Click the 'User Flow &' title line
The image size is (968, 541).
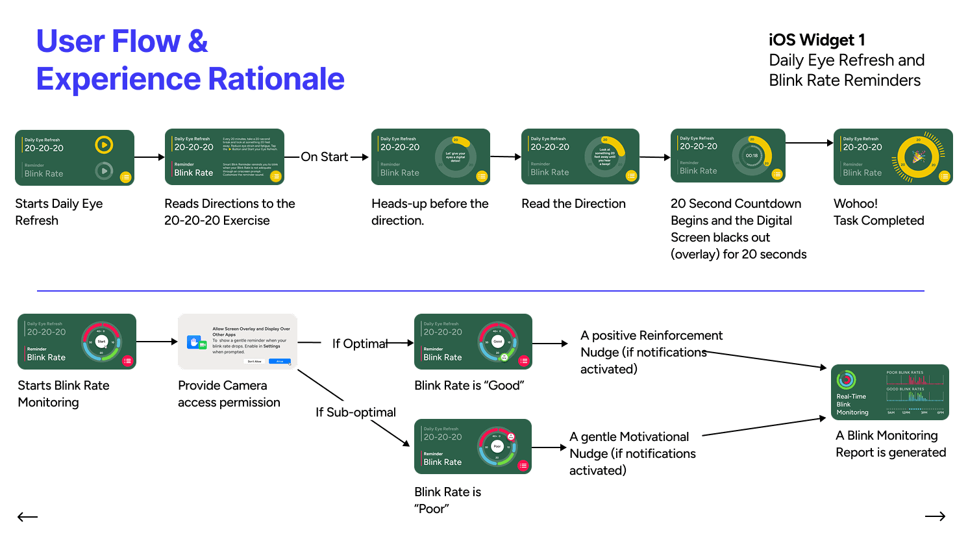[x=122, y=41]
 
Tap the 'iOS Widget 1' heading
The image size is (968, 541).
[x=816, y=40]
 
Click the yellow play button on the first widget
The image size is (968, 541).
[x=104, y=145]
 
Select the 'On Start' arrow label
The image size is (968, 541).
[x=325, y=157]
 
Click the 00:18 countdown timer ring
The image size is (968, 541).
[x=752, y=156]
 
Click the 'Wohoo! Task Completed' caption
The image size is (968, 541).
[x=878, y=212]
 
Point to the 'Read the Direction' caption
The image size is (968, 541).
[x=573, y=204]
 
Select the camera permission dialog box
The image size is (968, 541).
[x=238, y=342]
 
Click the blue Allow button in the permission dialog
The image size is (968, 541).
[x=280, y=361]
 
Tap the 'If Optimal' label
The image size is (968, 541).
[x=360, y=344]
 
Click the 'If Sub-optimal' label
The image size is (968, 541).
[x=355, y=412]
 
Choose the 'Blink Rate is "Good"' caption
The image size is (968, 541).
[x=469, y=386]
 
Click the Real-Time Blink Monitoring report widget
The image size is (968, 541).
[x=889, y=392]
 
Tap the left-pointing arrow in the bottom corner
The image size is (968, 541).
[x=27, y=517]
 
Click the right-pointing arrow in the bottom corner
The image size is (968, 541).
[x=935, y=516]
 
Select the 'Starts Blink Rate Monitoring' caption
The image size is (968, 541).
[x=63, y=394]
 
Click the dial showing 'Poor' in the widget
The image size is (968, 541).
[x=497, y=447]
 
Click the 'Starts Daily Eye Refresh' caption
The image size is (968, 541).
[x=58, y=212]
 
